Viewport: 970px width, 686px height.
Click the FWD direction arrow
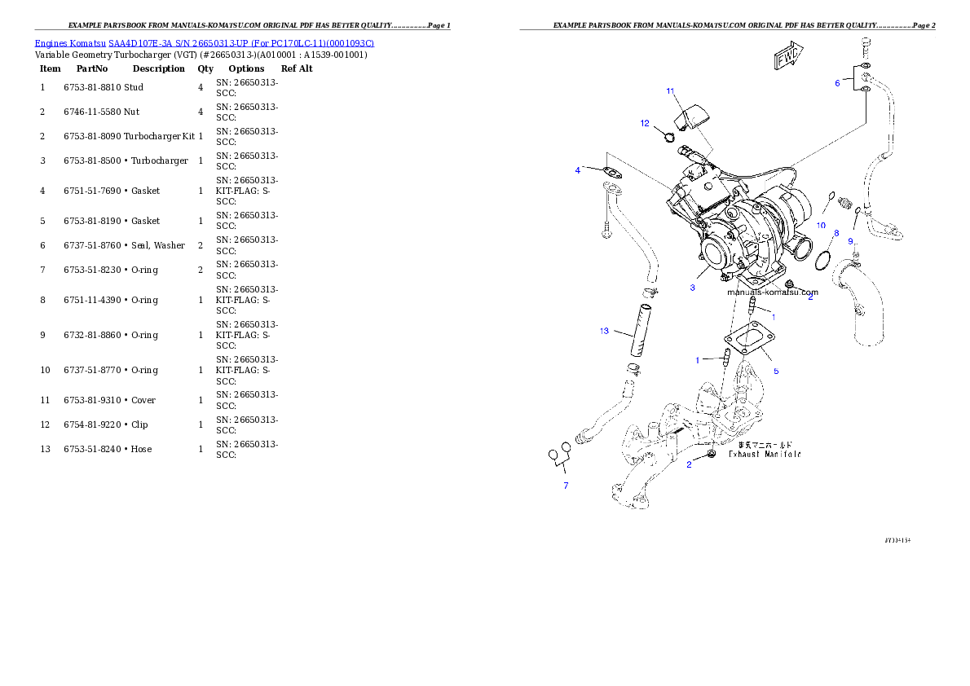788,58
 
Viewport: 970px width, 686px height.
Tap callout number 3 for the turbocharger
692,288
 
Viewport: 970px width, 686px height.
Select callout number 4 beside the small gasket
578,170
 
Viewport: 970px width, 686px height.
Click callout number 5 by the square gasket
776,372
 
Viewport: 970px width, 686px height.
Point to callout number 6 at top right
836,83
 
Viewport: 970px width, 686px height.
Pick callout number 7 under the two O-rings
566,486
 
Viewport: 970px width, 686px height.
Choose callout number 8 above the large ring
836,232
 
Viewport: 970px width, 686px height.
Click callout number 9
850,241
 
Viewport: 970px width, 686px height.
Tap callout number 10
821,225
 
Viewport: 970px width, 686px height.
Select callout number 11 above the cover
670,91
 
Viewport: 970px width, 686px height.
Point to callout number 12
645,124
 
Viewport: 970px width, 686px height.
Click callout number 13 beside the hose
604,332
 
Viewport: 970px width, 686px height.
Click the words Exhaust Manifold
765,455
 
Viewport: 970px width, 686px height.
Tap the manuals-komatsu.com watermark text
772,292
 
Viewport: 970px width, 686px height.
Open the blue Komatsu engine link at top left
204,43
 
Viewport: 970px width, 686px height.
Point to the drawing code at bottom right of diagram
897,539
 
